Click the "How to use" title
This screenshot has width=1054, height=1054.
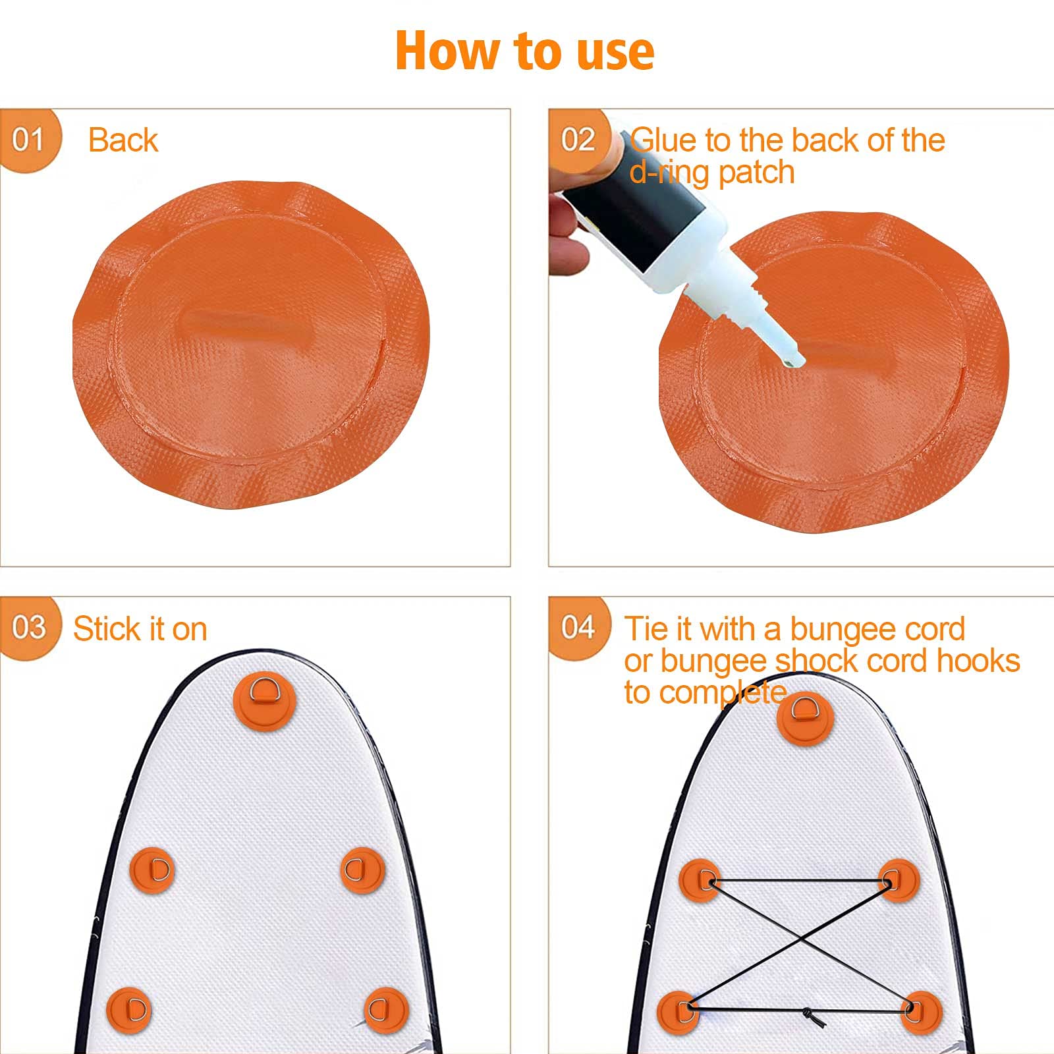525,51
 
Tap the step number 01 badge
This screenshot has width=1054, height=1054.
30,140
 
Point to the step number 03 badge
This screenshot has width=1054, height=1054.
30,628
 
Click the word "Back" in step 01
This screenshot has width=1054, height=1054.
123,140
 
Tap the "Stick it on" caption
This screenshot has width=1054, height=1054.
140,628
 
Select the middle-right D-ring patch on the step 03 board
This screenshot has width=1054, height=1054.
362,870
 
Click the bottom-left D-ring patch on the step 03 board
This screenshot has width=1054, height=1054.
129,1010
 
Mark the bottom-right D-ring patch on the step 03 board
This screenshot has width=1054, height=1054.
387,1010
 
